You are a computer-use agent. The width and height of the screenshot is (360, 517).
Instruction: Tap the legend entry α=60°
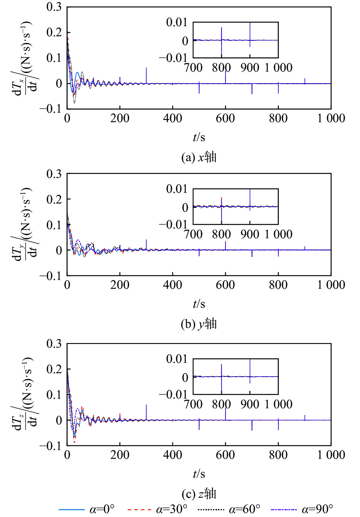click(229, 509)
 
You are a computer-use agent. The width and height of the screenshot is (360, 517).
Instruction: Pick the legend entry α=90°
click(301, 509)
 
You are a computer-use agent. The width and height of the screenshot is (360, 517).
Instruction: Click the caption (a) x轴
click(199, 157)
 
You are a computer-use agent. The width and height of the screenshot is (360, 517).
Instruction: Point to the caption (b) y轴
click(199, 324)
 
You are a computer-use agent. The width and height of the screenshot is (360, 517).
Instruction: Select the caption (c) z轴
click(199, 494)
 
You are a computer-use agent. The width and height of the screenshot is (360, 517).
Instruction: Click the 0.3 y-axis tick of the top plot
click(54, 7)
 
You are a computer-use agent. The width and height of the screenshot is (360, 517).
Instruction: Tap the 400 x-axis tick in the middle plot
click(173, 285)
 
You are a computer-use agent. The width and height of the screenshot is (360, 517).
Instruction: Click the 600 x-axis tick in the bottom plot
click(225, 455)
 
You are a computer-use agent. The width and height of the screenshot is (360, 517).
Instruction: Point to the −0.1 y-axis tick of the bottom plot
click(51, 446)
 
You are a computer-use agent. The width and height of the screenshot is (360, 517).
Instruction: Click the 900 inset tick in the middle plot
click(250, 234)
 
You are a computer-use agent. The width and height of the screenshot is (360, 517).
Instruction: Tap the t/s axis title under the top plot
click(199, 137)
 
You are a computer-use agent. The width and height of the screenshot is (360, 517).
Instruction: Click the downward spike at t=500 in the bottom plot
click(199, 425)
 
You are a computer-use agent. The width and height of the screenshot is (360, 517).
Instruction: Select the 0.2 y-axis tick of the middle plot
click(54, 199)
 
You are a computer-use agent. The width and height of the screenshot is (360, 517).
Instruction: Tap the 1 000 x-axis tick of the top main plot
click(331, 118)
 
